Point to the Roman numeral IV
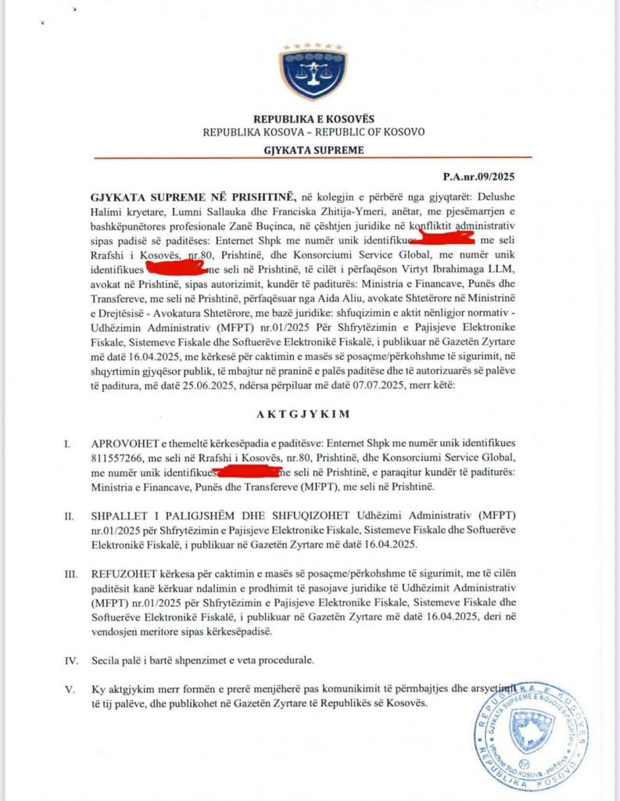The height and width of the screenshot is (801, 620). tap(70, 659)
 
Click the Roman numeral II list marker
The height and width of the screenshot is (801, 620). tap(70, 516)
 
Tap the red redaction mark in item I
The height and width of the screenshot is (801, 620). tap(249, 472)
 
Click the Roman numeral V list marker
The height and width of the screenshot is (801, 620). tap(70, 690)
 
